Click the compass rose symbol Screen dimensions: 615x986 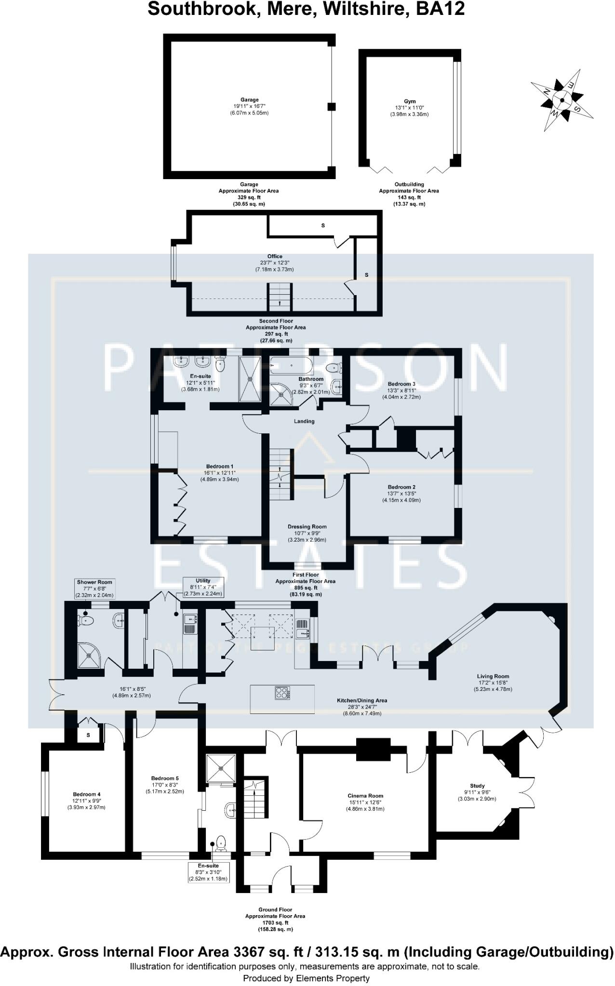(x=562, y=100)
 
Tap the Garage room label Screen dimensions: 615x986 (x=249, y=100)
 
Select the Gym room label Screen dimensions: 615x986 (x=409, y=102)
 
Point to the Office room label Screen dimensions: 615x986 (x=275, y=257)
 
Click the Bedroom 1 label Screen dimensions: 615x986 (x=220, y=467)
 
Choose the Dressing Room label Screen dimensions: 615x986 (x=307, y=527)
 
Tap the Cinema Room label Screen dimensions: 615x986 (x=365, y=796)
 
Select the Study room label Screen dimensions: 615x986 (x=477, y=786)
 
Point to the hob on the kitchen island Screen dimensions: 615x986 (x=282, y=693)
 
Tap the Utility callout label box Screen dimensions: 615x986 (x=203, y=587)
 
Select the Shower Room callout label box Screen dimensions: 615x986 (x=94, y=588)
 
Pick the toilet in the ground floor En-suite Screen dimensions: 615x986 (x=221, y=842)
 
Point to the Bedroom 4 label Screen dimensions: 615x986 (x=87, y=794)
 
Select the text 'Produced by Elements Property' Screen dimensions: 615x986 (x=307, y=978)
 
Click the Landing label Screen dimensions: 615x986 (x=304, y=421)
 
